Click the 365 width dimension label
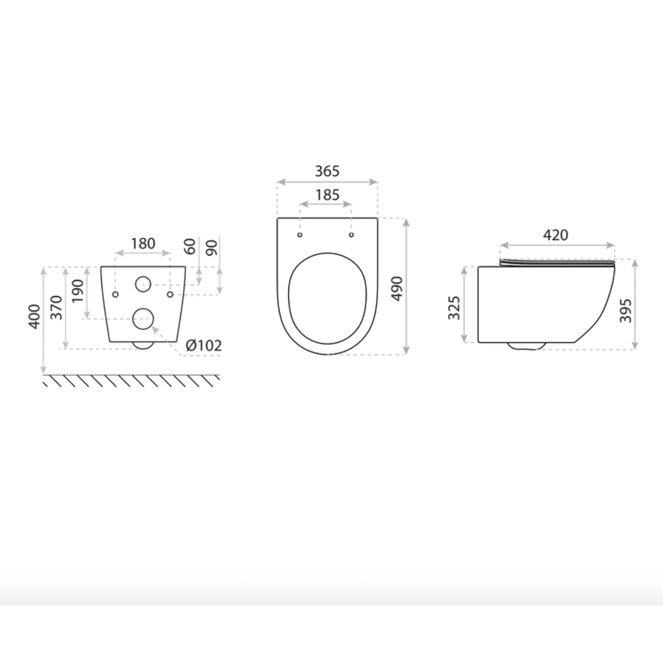click(327, 171)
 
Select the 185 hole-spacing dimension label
click(327, 195)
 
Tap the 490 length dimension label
click(397, 288)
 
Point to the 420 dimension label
click(555, 235)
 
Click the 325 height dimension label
click(454, 308)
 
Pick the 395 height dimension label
click(625, 310)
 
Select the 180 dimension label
click(143, 243)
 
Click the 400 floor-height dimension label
click(34, 316)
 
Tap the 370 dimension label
click(56, 307)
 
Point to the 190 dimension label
click(78, 291)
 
